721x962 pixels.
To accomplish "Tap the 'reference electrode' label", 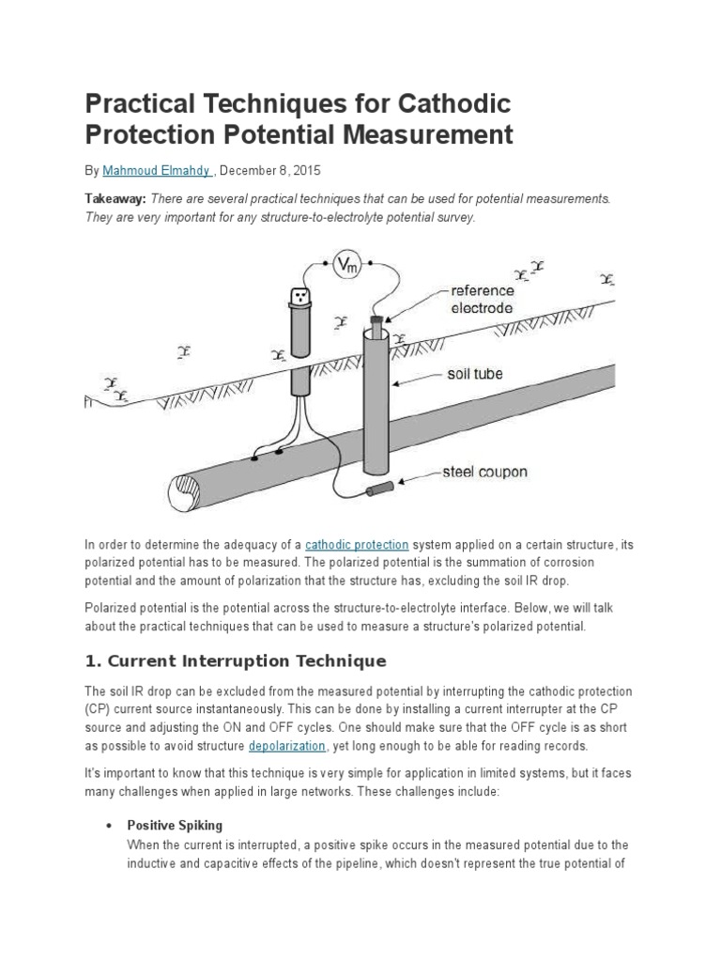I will [482, 299].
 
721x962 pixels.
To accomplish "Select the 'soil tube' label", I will [473, 374].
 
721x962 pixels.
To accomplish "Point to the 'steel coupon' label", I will [484, 472].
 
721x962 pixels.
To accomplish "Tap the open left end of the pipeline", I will [180, 489].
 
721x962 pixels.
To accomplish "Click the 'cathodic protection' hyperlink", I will [357, 544].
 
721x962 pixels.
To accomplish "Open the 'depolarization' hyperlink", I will [287, 745].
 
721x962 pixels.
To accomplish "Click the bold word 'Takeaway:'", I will [115, 199].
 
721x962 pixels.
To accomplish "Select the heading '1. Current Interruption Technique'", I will [235, 660].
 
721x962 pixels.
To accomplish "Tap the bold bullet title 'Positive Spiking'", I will [175, 825].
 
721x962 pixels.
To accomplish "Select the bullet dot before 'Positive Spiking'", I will [108, 825].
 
